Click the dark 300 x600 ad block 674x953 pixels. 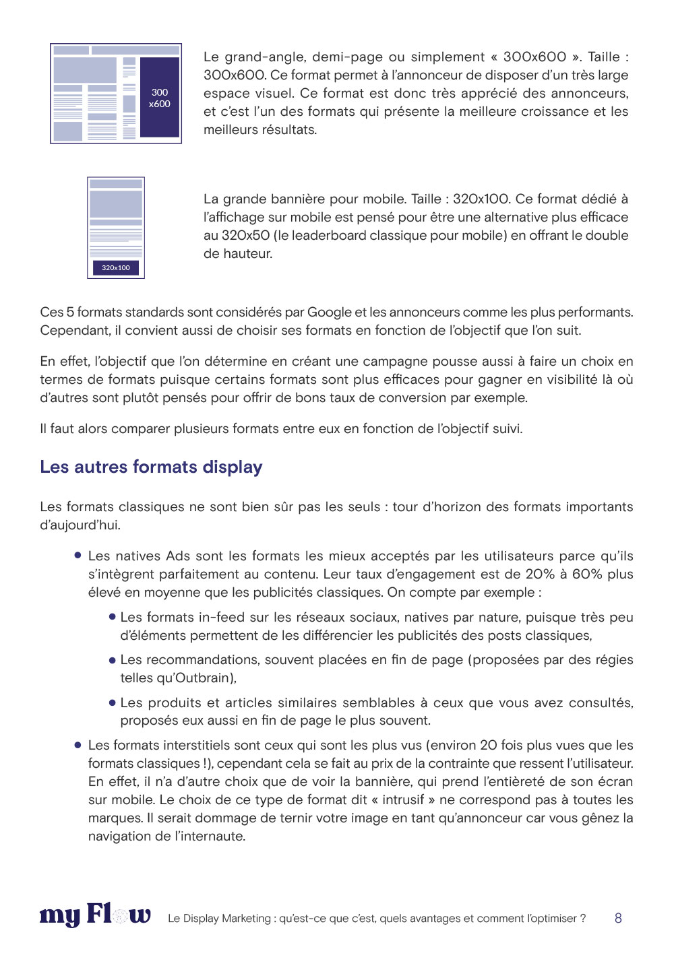(159, 98)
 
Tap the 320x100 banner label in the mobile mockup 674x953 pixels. (116, 268)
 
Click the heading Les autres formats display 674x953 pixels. (151, 467)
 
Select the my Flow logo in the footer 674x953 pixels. (95, 916)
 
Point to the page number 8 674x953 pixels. (618, 918)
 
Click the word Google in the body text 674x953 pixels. (329, 313)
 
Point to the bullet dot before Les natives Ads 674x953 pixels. (78, 556)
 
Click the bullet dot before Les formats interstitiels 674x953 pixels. (78, 746)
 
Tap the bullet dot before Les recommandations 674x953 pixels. (113, 660)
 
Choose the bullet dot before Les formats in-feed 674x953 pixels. (113, 617)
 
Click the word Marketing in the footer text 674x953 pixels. (246, 919)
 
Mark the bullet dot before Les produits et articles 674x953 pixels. (113, 703)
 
